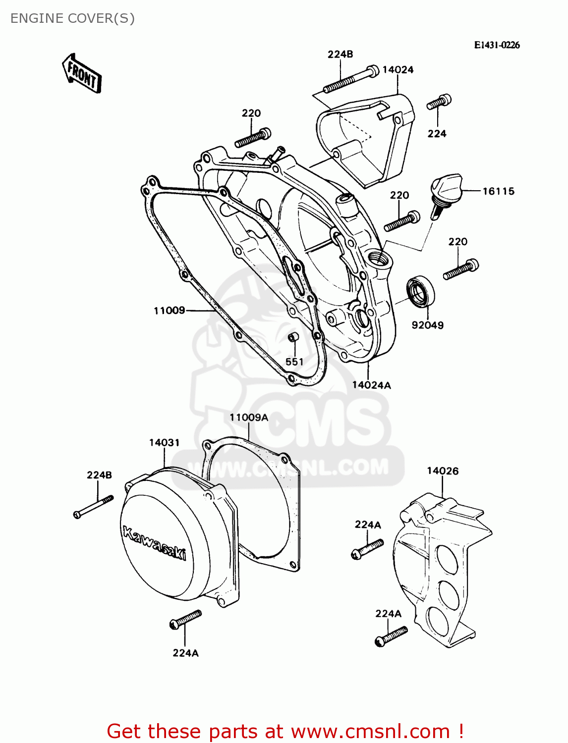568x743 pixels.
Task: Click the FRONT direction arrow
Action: coord(82,74)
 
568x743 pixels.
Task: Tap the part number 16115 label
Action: coord(498,191)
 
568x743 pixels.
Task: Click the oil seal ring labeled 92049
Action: coord(421,293)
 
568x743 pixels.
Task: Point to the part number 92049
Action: coord(427,325)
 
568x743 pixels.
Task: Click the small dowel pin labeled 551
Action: coord(293,337)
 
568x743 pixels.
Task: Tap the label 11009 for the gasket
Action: coord(169,311)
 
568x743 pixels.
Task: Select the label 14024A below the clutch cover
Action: coord(371,385)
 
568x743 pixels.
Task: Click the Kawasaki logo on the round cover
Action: coord(154,543)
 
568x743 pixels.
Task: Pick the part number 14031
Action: coord(164,442)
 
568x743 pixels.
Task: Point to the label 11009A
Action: coord(248,418)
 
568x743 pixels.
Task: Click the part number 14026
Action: coord(443,471)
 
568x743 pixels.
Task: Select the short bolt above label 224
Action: coord(439,103)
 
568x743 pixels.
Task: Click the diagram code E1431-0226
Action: coord(497,45)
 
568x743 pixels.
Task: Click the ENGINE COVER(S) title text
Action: coord(72,18)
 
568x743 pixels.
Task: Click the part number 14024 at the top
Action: coord(398,70)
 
